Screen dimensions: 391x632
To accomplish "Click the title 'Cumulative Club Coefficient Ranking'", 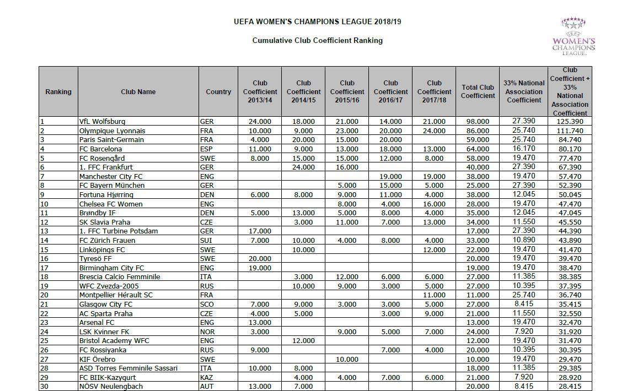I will click(317, 40).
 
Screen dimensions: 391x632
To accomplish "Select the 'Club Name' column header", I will click(138, 92).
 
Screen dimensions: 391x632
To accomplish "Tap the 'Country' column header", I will click(218, 92).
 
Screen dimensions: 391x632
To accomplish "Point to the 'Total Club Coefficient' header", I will click(478, 91).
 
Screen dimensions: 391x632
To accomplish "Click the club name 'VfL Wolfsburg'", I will click(103, 122).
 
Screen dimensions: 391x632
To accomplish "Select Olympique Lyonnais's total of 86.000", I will click(478, 131).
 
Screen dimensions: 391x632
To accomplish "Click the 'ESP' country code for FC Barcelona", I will click(206, 149).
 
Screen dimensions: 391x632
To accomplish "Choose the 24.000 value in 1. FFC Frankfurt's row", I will click(303, 167).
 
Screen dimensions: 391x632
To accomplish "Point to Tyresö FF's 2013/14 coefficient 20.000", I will click(259, 259).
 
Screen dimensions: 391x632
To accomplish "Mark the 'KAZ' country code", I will click(206, 378).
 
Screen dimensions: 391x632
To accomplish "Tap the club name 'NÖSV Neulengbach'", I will click(111, 387).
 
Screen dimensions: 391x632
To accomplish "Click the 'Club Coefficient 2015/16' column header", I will click(347, 91).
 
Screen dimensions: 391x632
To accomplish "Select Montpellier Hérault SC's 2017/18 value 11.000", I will click(434, 295).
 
